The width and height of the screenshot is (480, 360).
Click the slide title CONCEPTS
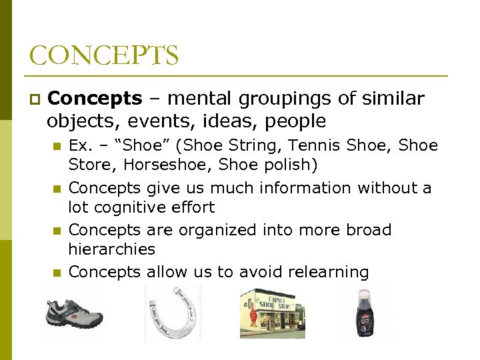103,55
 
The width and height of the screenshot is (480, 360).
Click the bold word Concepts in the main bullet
95,99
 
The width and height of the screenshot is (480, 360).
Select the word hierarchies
112,249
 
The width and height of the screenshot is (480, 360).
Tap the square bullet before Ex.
57,146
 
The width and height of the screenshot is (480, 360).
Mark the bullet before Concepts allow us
57,272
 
